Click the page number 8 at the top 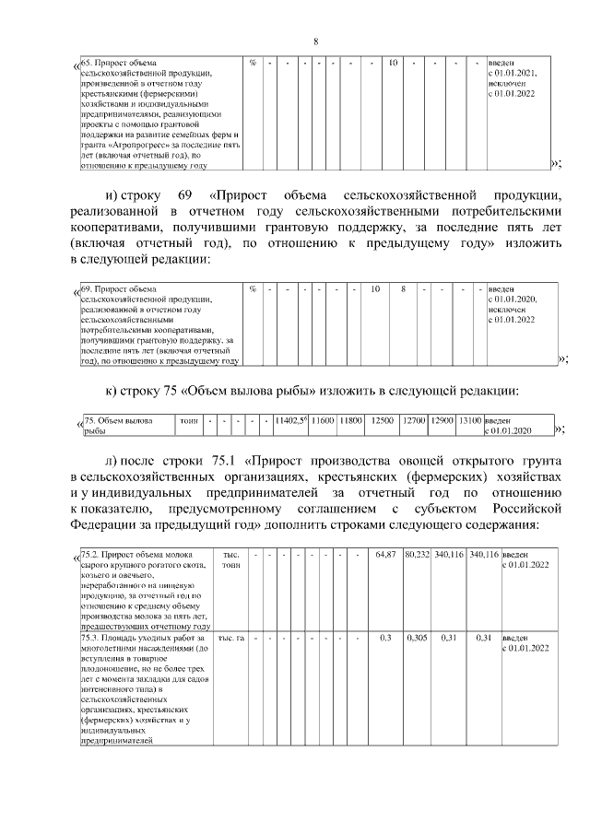tap(315, 41)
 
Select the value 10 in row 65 tap(392, 63)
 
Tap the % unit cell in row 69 tap(252, 289)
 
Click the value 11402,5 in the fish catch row tap(290, 420)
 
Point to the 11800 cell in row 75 tap(351, 420)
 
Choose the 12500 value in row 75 tap(383, 420)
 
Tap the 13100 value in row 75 tap(469, 420)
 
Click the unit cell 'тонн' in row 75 tap(189, 420)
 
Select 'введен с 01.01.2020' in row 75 tap(509, 425)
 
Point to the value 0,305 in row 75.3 tap(418, 638)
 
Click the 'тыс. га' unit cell tap(230, 638)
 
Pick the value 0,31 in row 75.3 tap(449, 638)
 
